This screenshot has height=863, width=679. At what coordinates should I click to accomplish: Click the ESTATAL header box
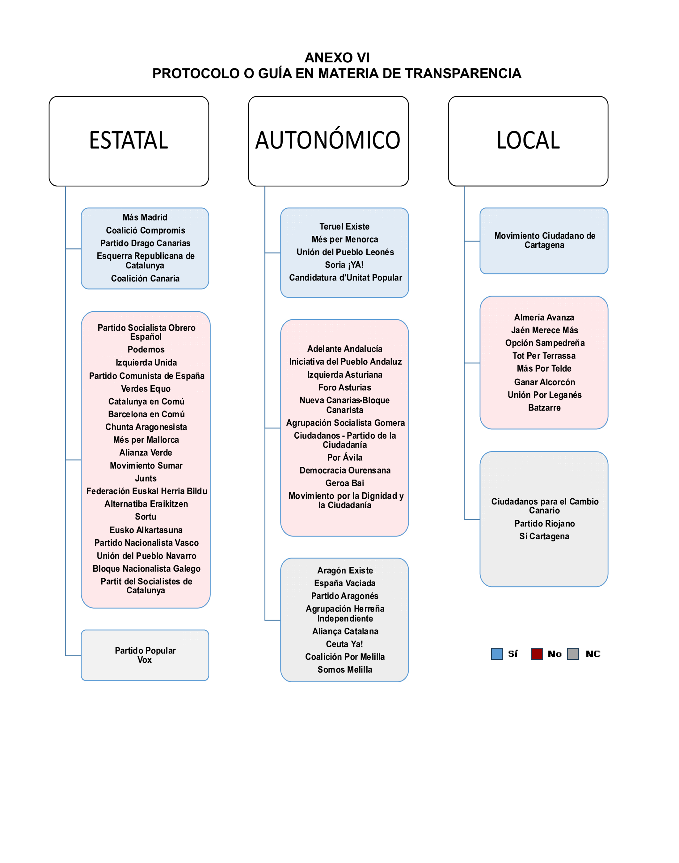click(129, 141)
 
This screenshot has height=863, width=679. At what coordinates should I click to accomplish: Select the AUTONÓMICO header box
click(328, 141)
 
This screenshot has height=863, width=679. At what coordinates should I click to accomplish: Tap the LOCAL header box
click(528, 141)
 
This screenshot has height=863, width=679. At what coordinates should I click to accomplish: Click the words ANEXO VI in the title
click(337, 58)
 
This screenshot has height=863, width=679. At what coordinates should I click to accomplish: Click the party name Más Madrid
click(145, 218)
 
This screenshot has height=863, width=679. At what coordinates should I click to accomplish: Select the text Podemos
click(146, 350)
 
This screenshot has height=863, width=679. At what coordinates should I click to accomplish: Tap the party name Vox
click(145, 660)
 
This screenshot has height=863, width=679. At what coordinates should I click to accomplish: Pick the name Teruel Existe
click(344, 227)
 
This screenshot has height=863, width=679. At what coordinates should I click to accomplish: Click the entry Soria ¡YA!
click(344, 265)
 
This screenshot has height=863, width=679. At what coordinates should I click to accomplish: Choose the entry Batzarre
click(544, 408)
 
